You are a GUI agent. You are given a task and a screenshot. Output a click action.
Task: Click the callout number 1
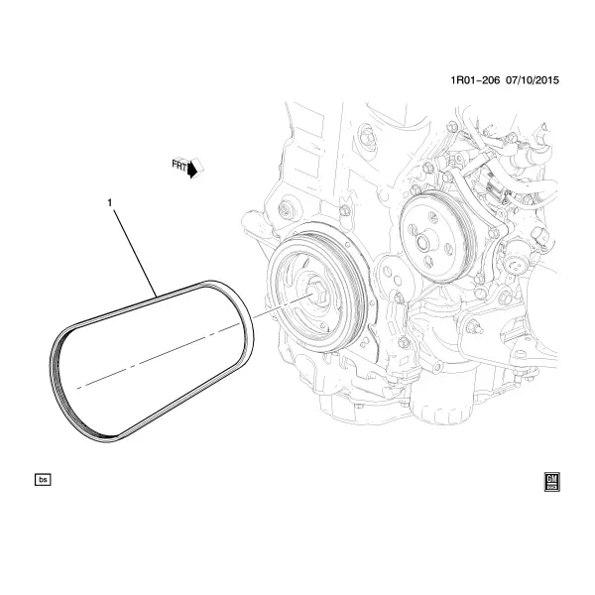click(110, 203)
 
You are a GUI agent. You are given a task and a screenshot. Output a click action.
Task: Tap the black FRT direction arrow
click(193, 169)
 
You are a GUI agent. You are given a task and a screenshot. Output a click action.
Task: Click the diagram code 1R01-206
click(475, 80)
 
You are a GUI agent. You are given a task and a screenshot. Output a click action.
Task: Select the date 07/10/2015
click(532, 80)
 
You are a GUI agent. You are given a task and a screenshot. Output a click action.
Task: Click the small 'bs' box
click(43, 480)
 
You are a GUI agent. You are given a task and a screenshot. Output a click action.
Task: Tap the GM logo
click(551, 482)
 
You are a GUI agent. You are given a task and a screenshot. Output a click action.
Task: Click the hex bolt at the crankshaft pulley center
click(315, 293)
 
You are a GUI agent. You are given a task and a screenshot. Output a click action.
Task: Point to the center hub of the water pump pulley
click(423, 242)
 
